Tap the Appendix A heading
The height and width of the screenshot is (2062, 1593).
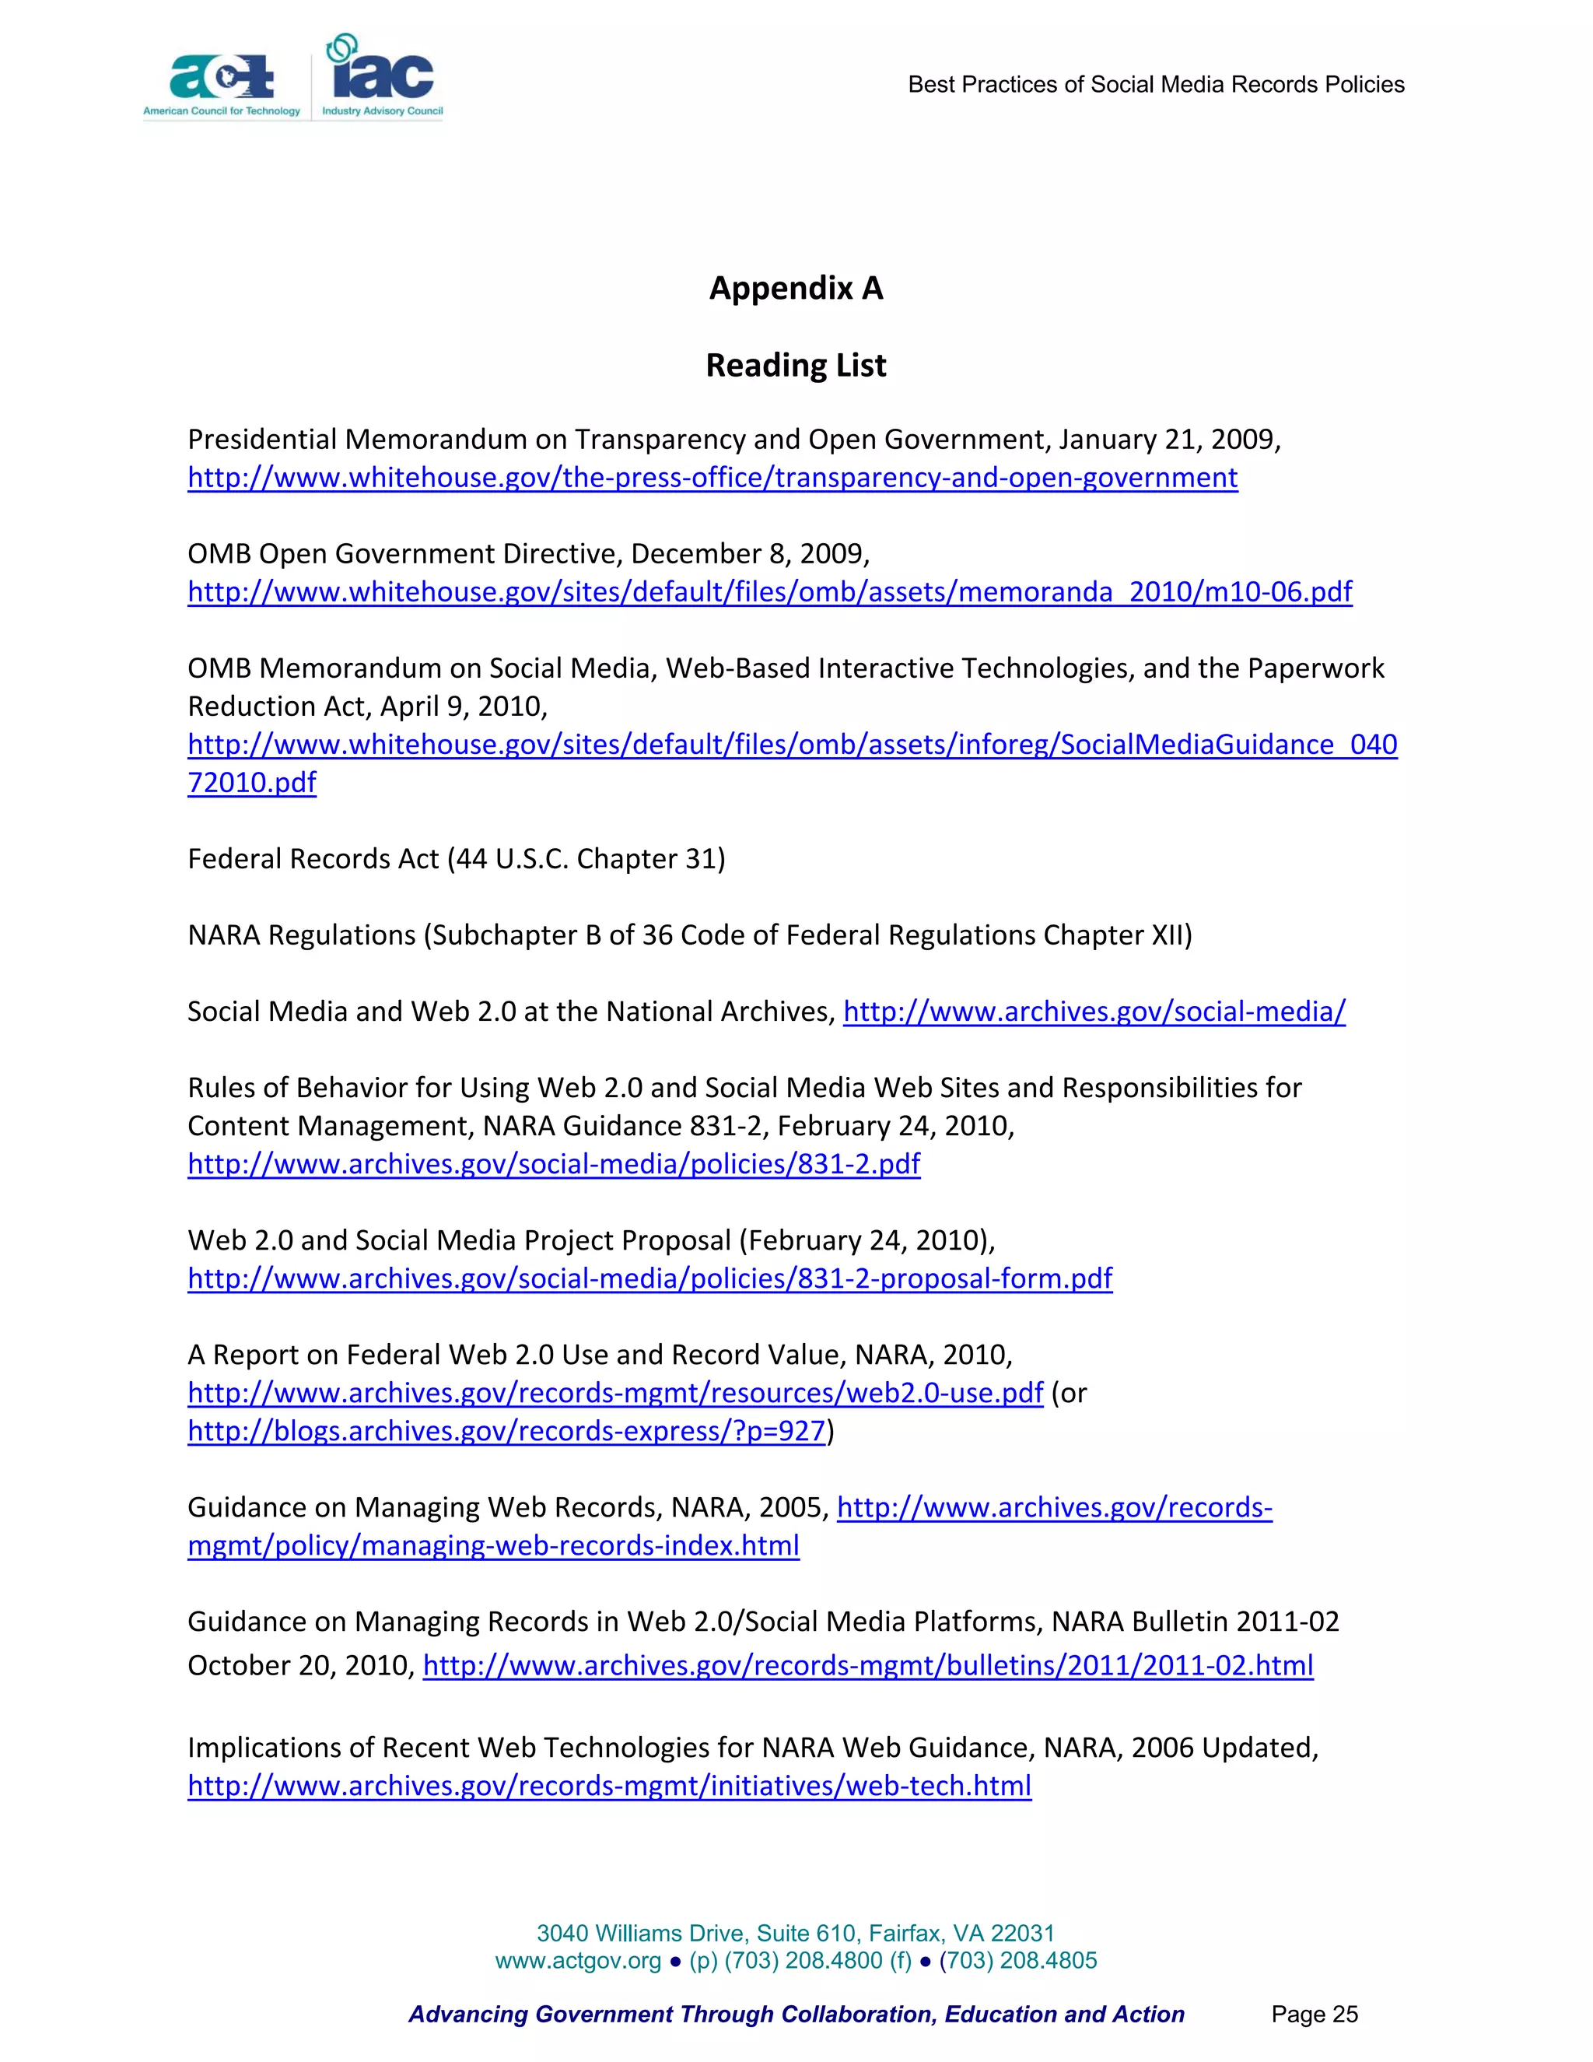pyautogui.click(x=796, y=288)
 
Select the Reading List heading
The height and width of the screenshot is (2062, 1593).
pyautogui.click(x=796, y=366)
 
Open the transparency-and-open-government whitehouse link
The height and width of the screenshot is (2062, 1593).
pyautogui.click(x=712, y=479)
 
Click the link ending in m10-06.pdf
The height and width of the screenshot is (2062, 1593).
pyautogui.click(x=769, y=593)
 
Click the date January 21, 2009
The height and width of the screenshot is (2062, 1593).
pyautogui.click(x=1169, y=440)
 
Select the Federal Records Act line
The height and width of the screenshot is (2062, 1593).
pyautogui.click(x=456, y=859)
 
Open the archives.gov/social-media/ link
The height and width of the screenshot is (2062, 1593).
pyautogui.click(x=1094, y=1012)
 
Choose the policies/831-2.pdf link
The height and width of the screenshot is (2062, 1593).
pyautogui.click(x=554, y=1164)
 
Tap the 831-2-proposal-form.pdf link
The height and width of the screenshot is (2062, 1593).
pyautogui.click(x=649, y=1279)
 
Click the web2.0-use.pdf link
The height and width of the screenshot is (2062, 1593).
pyautogui.click(x=615, y=1394)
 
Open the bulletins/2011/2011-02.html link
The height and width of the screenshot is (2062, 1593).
pyautogui.click(x=867, y=1665)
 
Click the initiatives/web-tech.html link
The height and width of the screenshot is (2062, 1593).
pyautogui.click(x=609, y=1787)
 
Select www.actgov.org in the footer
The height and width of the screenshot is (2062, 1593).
pyautogui.click(x=578, y=1961)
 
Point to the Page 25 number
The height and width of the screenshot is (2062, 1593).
pyautogui.click(x=1314, y=2015)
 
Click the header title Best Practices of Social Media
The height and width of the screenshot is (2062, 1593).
pyautogui.click(x=1155, y=85)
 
